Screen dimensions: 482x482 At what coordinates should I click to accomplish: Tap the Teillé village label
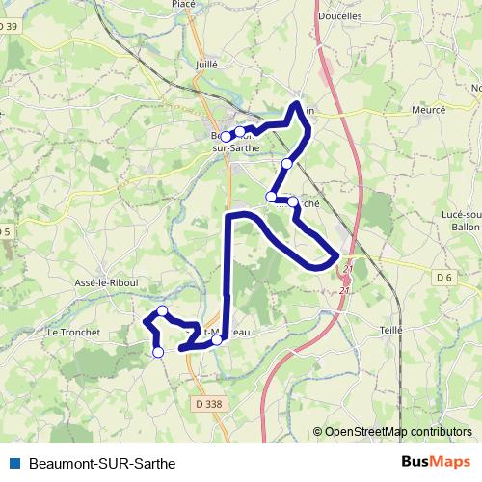pyautogui.click(x=391, y=330)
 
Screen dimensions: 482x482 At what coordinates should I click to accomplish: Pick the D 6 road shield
pyautogui.click(x=444, y=278)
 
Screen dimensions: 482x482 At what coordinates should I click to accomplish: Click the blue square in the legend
pyautogui.click(x=13, y=462)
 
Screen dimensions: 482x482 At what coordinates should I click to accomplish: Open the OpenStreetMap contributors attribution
pyautogui.click(x=398, y=432)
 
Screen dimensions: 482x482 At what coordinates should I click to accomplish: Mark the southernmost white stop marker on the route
pyautogui.click(x=158, y=353)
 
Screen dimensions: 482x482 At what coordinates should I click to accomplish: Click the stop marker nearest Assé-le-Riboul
pyautogui.click(x=163, y=310)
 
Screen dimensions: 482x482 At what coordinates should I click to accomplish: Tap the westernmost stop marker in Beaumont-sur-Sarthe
pyautogui.click(x=226, y=137)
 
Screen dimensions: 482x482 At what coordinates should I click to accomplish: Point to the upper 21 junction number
pyautogui.click(x=348, y=268)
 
